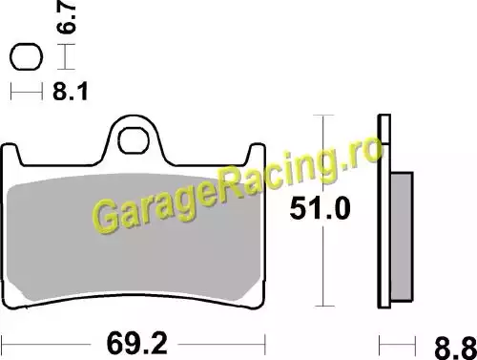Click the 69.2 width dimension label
pyautogui.click(x=136, y=344)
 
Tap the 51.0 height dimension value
pyautogui.click(x=320, y=208)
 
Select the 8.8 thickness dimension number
pyautogui.click(x=455, y=348)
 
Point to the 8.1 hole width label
pyautogui.click(x=70, y=92)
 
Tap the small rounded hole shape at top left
pyautogui.click(x=26, y=56)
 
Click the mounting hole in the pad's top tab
pyautogui.click(x=134, y=140)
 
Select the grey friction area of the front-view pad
pyautogui.click(x=134, y=237)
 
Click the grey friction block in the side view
pyautogui.click(x=402, y=237)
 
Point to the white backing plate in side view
pyautogui.click(x=384, y=211)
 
